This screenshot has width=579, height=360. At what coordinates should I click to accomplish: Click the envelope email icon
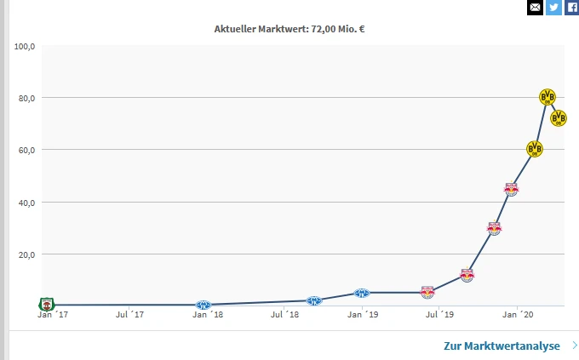(x=535, y=8)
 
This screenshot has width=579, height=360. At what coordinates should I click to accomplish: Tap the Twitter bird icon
(x=553, y=8)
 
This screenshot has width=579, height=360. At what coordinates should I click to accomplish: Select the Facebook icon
(x=571, y=8)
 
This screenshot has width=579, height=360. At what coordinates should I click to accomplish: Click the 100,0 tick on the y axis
(x=25, y=46)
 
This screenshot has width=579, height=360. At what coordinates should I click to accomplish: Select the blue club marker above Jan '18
(x=203, y=305)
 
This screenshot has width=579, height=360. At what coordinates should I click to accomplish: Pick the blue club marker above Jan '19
(x=361, y=294)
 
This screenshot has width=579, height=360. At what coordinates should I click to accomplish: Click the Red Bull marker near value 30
(x=494, y=228)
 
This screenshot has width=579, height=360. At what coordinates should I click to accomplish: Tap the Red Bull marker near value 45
(x=511, y=189)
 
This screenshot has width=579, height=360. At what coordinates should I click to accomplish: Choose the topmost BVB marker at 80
(x=548, y=97)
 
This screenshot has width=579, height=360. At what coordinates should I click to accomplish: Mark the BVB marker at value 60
(x=534, y=149)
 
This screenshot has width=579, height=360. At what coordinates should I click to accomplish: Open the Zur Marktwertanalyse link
(x=502, y=346)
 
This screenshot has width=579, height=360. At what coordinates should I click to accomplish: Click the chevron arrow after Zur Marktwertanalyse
(x=575, y=346)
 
